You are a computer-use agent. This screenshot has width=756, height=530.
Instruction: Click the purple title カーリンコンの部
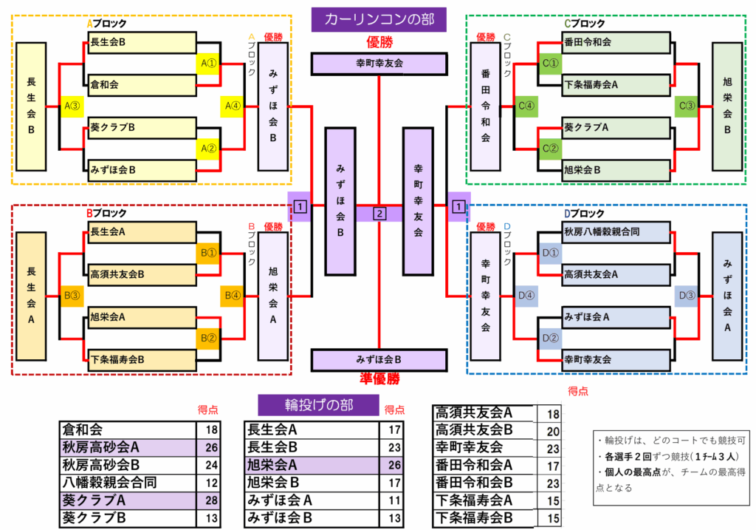tap(379, 19)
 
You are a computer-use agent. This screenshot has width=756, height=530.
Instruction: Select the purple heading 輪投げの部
tap(319, 404)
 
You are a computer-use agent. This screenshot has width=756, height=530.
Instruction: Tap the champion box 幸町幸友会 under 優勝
tap(379, 64)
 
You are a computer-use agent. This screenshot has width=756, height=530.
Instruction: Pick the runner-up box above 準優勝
tap(379, 359)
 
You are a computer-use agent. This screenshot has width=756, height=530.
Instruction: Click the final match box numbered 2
tap(379, 214)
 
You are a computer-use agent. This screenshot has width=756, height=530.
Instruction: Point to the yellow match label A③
tap(72, 106)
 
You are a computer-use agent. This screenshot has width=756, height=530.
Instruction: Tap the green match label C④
tap(526, 106)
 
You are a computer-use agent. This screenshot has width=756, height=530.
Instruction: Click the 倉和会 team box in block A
tap(140, 84)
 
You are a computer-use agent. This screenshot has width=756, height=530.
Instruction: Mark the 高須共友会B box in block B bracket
tap(140, 274)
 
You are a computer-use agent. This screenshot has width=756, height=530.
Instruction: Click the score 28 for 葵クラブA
tap(212, 500)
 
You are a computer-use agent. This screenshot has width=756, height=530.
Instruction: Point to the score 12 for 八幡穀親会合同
tap(212, 483)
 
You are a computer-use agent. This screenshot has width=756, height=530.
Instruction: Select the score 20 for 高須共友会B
tap(553, 430)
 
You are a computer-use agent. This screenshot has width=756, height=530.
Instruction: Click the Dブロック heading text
tap(584, 214)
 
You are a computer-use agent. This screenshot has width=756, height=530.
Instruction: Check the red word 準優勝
tap(379, 378)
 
